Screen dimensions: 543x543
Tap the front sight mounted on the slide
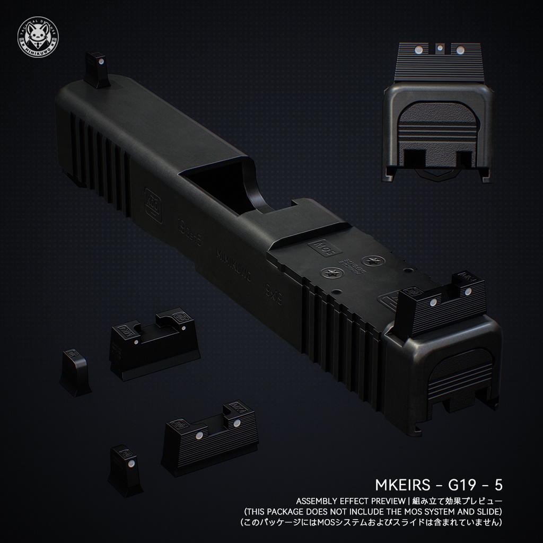[x=97, y=69]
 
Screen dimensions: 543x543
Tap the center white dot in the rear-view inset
[x=440, y=49]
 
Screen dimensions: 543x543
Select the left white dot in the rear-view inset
[x=418, y=51]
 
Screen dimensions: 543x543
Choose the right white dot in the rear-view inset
[x=460, y=51]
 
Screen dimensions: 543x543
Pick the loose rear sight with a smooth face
[x=154, y=342]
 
